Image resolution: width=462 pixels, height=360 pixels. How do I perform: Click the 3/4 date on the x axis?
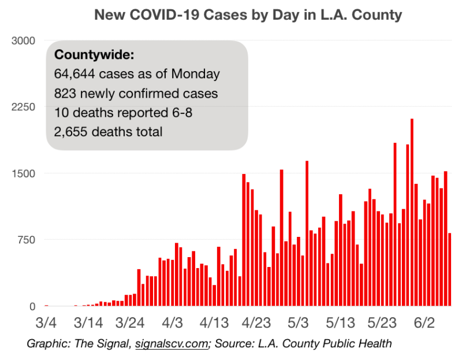pyautogui.click(x=46, y=321)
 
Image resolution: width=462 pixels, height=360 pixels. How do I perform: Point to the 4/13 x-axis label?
pyautogui.click(x=214, y=321)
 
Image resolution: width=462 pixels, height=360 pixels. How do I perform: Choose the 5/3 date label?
pyautogui.click(x=299, y=321)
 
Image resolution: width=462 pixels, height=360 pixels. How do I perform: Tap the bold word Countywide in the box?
pyautogui.click(x=94, y=55)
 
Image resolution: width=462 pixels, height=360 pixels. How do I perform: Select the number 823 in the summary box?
pyautogui.click(x=65, y=93)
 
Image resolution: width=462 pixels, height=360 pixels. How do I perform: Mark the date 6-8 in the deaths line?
pyautogui.click(x=180, y=112)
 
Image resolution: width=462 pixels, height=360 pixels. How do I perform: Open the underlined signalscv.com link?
pyautogui.click(x=172, y=344)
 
